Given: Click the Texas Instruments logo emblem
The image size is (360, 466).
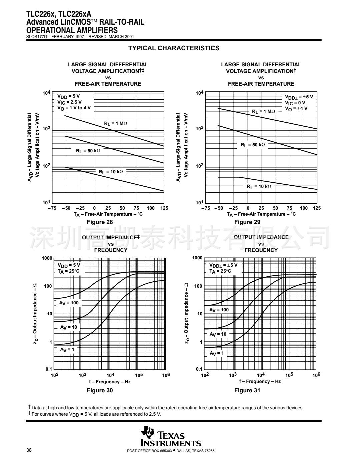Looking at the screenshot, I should (147, 432).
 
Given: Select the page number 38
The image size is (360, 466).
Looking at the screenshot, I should (29, 450).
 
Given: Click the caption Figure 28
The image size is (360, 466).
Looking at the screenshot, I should (100, 222).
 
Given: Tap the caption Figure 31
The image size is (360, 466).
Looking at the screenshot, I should (247, 390).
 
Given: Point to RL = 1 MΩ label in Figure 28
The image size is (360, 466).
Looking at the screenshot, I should (116, 124).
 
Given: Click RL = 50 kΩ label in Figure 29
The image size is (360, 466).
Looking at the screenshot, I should (253, 145).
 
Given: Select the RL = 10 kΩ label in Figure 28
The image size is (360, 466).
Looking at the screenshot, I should (111, 172).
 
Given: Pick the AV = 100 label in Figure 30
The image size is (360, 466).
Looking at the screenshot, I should (69, 303).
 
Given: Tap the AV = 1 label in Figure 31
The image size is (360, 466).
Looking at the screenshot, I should (217, 353).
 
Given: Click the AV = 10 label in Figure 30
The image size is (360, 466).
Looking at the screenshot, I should (68, 327).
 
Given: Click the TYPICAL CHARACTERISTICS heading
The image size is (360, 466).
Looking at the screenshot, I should (174, 48).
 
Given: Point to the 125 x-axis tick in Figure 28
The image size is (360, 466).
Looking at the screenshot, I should (164, 208).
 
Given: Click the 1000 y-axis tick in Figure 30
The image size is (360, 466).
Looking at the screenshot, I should (47, 258).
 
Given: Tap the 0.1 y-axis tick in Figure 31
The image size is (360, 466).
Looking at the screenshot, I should (199, 369).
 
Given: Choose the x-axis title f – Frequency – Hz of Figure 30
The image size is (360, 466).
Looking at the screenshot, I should (110, 382).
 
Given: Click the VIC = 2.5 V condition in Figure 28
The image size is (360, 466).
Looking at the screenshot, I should (69, 102).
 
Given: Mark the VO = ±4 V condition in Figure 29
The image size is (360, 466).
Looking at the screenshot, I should (296, 108).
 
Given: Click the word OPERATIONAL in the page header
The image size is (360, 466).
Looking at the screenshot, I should (48, 31).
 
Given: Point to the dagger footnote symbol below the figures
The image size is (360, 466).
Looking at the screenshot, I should (29, 407).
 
